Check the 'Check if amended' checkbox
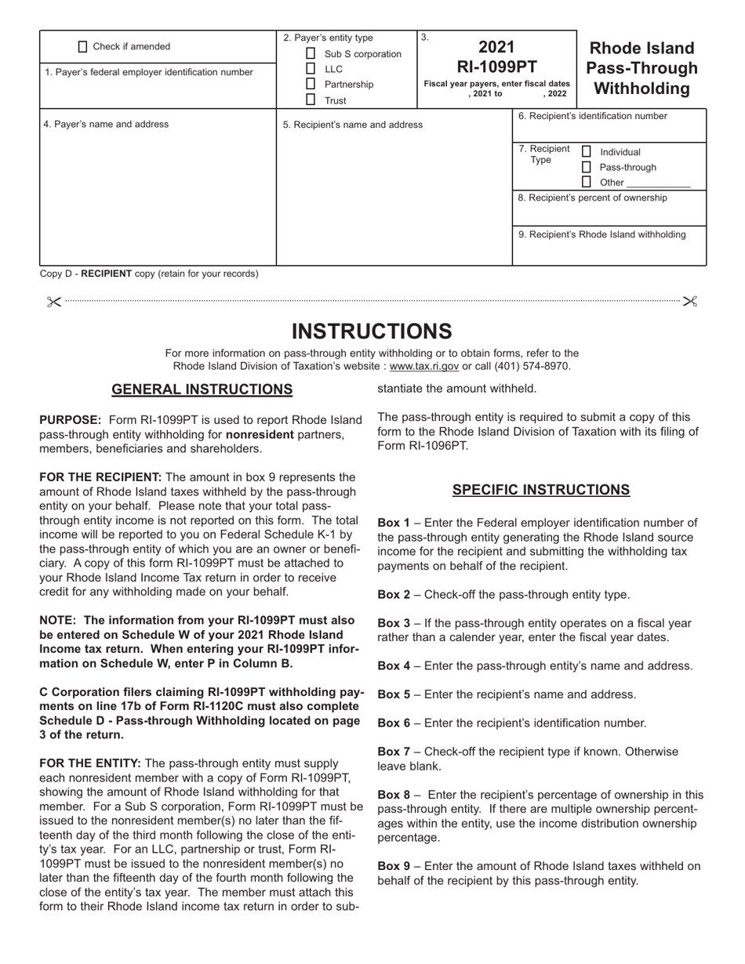tap(84, 46)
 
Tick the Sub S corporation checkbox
tap(311, 54)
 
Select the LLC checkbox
tap(311, 69)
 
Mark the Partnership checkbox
tap(311, 84)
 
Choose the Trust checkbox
tap(311, 100)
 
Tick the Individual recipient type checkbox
tap(586, 151)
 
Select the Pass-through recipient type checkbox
tap(586, 167)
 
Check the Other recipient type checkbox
tap(586, 182)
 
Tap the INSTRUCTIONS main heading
tap(372, 331)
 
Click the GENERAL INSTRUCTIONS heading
tap(202, 390)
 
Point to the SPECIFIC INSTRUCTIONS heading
tap(540, 490)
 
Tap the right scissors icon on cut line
tap(690, 301)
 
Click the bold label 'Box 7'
tap(394, 752)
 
